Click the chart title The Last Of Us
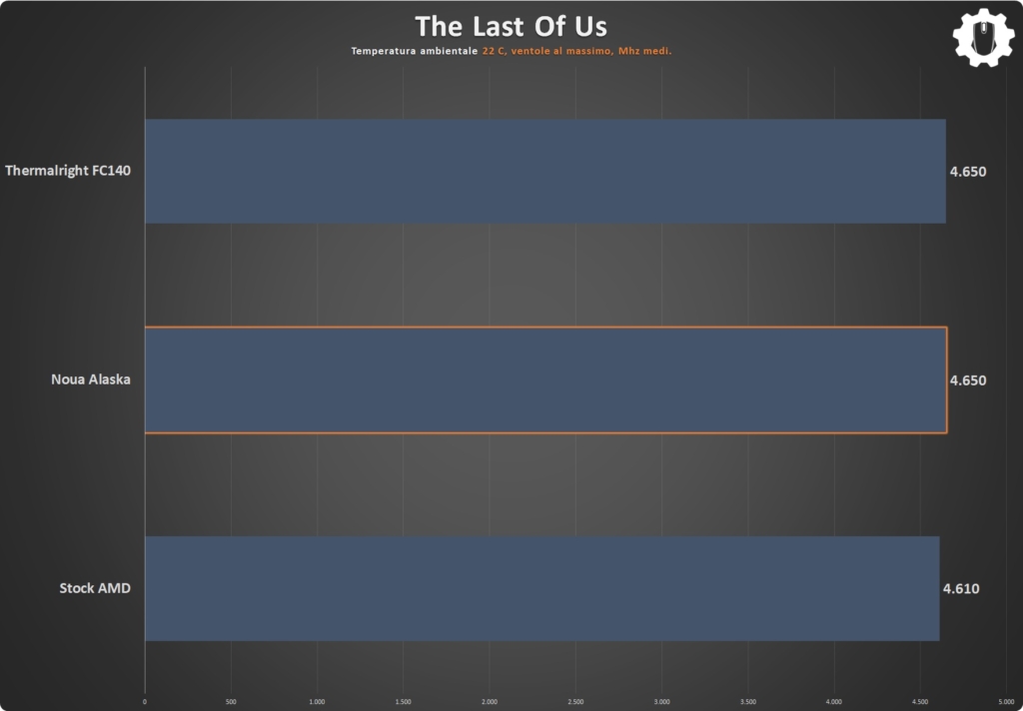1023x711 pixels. pos(511,27)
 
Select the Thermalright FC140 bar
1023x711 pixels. pos(545,171)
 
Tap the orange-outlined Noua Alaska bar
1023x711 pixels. pos(545,379)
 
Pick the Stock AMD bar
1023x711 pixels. pos(542,588)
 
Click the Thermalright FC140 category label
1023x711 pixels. pos(68,170)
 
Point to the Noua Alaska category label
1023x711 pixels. pos(91,379)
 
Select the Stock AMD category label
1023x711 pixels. pos(95,588)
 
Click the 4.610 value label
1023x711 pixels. pos(961,588)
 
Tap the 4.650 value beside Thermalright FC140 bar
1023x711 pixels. pos(968,172)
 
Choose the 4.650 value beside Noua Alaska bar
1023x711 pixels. pos(968,380)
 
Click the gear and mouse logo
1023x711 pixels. pos(984,37)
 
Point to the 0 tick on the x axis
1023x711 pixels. pos(145,702)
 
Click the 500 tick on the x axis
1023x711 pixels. pos(231,702)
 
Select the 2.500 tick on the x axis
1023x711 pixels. pos(575,702)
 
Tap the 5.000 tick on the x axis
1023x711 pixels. pos(1006,702)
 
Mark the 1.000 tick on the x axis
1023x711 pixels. pos(317,702)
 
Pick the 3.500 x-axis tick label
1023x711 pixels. pos(747,702)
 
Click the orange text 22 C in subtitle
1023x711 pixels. pos(494,51)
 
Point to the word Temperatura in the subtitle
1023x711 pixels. pos(381,51)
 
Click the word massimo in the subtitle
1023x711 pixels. pos(589,51)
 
